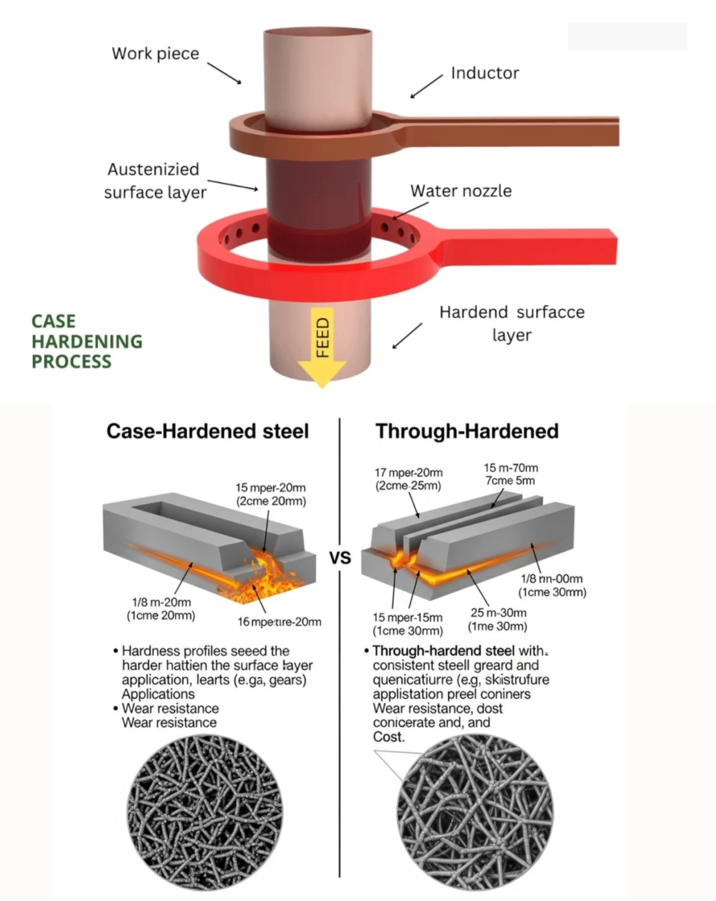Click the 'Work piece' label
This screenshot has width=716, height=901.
(155, 54)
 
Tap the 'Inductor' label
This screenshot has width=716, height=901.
(485, 73)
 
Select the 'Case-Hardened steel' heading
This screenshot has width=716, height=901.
(207, 431)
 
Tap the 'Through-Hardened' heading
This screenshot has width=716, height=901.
(467, 431)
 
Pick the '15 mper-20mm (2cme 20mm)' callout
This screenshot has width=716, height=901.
(270, 494)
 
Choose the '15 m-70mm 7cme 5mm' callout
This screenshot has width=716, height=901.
(511, 474)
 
